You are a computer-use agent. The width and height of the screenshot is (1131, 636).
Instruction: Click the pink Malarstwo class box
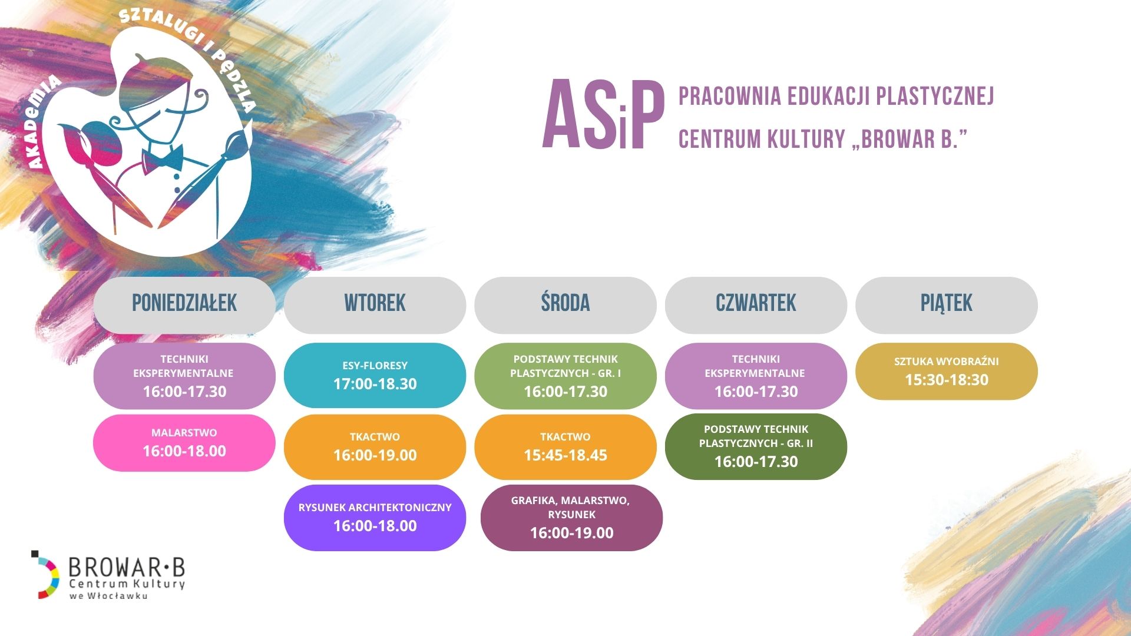(x=184, y=443)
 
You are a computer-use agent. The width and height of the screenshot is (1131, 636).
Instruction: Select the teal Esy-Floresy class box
(x=375, y=375)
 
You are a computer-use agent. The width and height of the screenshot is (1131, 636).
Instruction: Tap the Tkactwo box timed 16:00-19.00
(x=375, y=447)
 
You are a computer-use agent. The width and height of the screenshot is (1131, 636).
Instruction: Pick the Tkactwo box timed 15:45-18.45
(x=565, y=447)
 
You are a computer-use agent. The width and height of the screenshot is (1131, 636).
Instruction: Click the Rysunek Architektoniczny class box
(x=375, y=518)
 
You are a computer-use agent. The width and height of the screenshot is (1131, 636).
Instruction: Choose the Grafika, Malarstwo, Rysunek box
(x=571, y=518)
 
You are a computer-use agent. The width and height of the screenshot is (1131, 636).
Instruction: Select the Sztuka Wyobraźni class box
(x=947, y=371)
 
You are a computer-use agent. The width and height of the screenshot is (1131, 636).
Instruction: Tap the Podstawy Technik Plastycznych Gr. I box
(x=565, y=376)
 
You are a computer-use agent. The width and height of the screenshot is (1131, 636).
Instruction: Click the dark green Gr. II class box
(x=756, y=446)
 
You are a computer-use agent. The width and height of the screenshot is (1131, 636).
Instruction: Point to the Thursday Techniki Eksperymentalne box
(x=756, y=376)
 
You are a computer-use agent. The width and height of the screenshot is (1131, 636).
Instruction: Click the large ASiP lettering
(x=603, y=116)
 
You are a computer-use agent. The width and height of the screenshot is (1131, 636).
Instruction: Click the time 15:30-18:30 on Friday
(x=947, y=380)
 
